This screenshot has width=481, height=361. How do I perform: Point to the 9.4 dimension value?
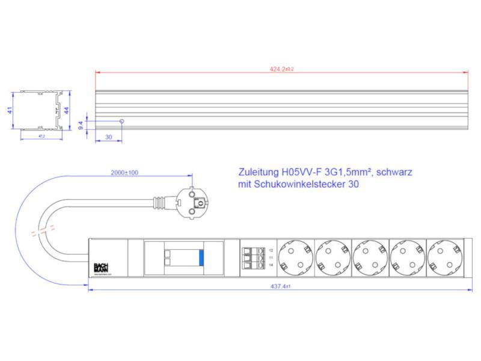click(x=81, y=125)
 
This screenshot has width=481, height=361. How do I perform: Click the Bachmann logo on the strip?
click(x=100, y=267)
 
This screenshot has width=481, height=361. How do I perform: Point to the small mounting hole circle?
click(x=122, y=121)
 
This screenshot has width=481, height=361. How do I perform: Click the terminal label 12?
click(x=271, y=250)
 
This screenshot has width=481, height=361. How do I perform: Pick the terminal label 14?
click(x=271, y=265)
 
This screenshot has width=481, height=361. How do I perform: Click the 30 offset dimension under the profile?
click(x=108, y=137)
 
